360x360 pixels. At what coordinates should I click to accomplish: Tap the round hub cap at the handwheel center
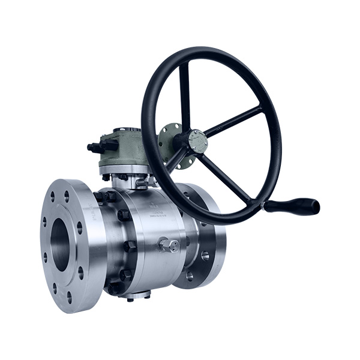point(196,141)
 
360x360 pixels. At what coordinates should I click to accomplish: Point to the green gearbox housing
point(120,147)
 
